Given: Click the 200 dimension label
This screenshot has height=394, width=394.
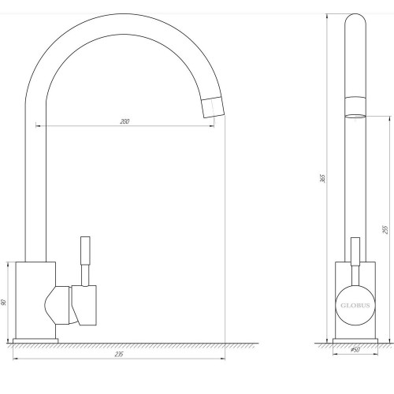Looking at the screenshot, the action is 125,121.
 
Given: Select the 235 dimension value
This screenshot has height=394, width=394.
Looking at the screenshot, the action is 119,355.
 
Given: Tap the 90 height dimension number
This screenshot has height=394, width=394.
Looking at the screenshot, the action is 4,303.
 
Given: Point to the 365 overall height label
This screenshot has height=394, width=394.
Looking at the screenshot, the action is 323,178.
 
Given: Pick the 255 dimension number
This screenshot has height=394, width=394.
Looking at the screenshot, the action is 385,229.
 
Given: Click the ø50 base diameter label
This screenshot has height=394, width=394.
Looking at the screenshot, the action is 355,350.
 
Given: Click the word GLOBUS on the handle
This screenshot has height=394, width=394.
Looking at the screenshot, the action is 355,306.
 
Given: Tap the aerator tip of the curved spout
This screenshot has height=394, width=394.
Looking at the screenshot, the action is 213,107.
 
